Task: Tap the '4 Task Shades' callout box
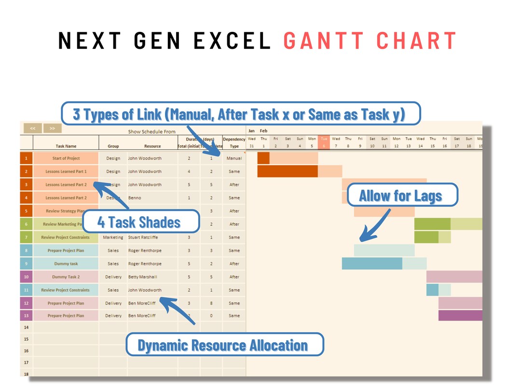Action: pyautogui.click(x=139, y=222)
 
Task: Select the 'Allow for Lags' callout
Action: pyautogui.click(x=400, y=195)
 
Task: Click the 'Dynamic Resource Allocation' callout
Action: pyautogui.click(x=223, y=345)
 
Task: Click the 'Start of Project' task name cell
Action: pyautogui.click(x=66, y=158)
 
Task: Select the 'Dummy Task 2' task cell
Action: pyautogui.click(x=66, y=277)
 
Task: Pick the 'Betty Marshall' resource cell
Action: pyautogui.click(x=142, y=277)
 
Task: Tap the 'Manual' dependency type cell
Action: pyautogui.click(x=234, y=158)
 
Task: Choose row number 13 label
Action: pyautogui.click(x=26, y=316)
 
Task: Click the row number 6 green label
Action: pyautogui.click(x=26, y=224)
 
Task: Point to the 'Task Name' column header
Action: pyautogui.click(x=66, y=146)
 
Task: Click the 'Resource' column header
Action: pyautogui.click(x=152, y=146)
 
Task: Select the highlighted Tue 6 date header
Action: pyautogui.click(x=324, y=142)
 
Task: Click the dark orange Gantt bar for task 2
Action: pyautogui.click(x=288, y=171)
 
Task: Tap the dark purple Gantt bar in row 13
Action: pyautogui.click(x=460, y=316)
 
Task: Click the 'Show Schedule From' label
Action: pyautogui.click(x=151, y=131)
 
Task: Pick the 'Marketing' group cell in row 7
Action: pyautogui.click(x=113, y=237)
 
